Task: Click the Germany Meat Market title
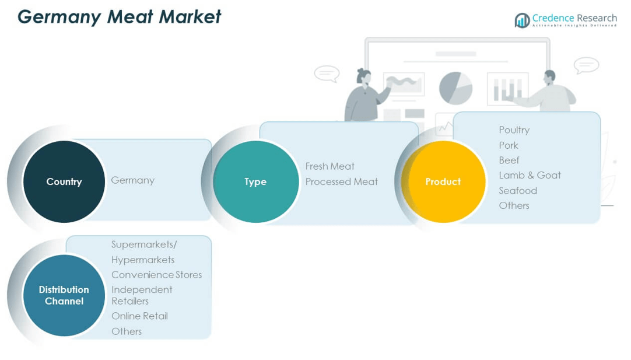[120, 17]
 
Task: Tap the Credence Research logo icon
[522, 20]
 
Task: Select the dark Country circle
[64, 181]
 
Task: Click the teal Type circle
[255, 181]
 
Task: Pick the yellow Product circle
[443, 181]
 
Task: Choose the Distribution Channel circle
[64, 295]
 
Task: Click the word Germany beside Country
[133, 180]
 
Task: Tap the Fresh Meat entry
[330, 166]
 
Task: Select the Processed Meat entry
[342, 181]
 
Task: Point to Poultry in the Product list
[514, 130]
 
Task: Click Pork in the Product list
[509, 145]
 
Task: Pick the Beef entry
[509, 160]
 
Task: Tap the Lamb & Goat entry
[530, 175]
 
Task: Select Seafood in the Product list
[518, 190]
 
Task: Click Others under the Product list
[514, 205]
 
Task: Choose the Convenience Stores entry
[157, 275]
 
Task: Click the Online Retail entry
[140, 316]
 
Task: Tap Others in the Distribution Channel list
[127, 331]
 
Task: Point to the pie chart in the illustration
[455, 88]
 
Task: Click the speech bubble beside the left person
[327, 74]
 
